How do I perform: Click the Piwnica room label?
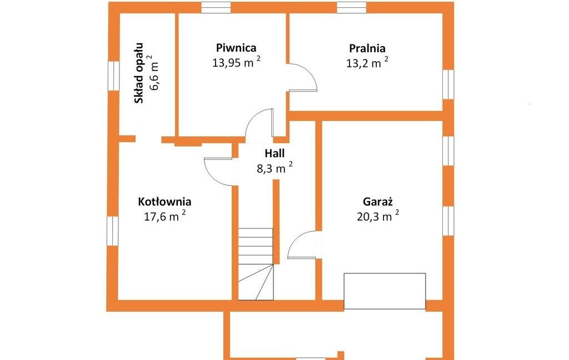tap(236, 48)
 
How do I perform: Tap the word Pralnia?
tap(367, 48)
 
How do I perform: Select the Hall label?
tap(274, 153)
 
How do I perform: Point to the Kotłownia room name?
tap(164, 202)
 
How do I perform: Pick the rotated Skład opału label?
tap(139, 73)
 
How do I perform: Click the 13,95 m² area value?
tap(236, 62)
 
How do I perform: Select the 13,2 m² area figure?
tap(367, 63)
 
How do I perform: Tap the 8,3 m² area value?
tap(274, 168)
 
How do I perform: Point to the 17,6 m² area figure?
tap(165, 216)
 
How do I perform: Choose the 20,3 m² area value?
tap(378, 216)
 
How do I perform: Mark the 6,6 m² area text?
tap(154, 73)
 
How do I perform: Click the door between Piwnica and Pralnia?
tap(303, 77)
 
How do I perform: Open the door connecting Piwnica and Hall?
tap(259, 123)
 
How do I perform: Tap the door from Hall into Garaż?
tap(302, 245)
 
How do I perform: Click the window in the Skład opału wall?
tap(113, 76)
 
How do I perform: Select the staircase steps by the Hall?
tap(256, 264)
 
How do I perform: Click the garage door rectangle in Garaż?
tap(385, 291)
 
